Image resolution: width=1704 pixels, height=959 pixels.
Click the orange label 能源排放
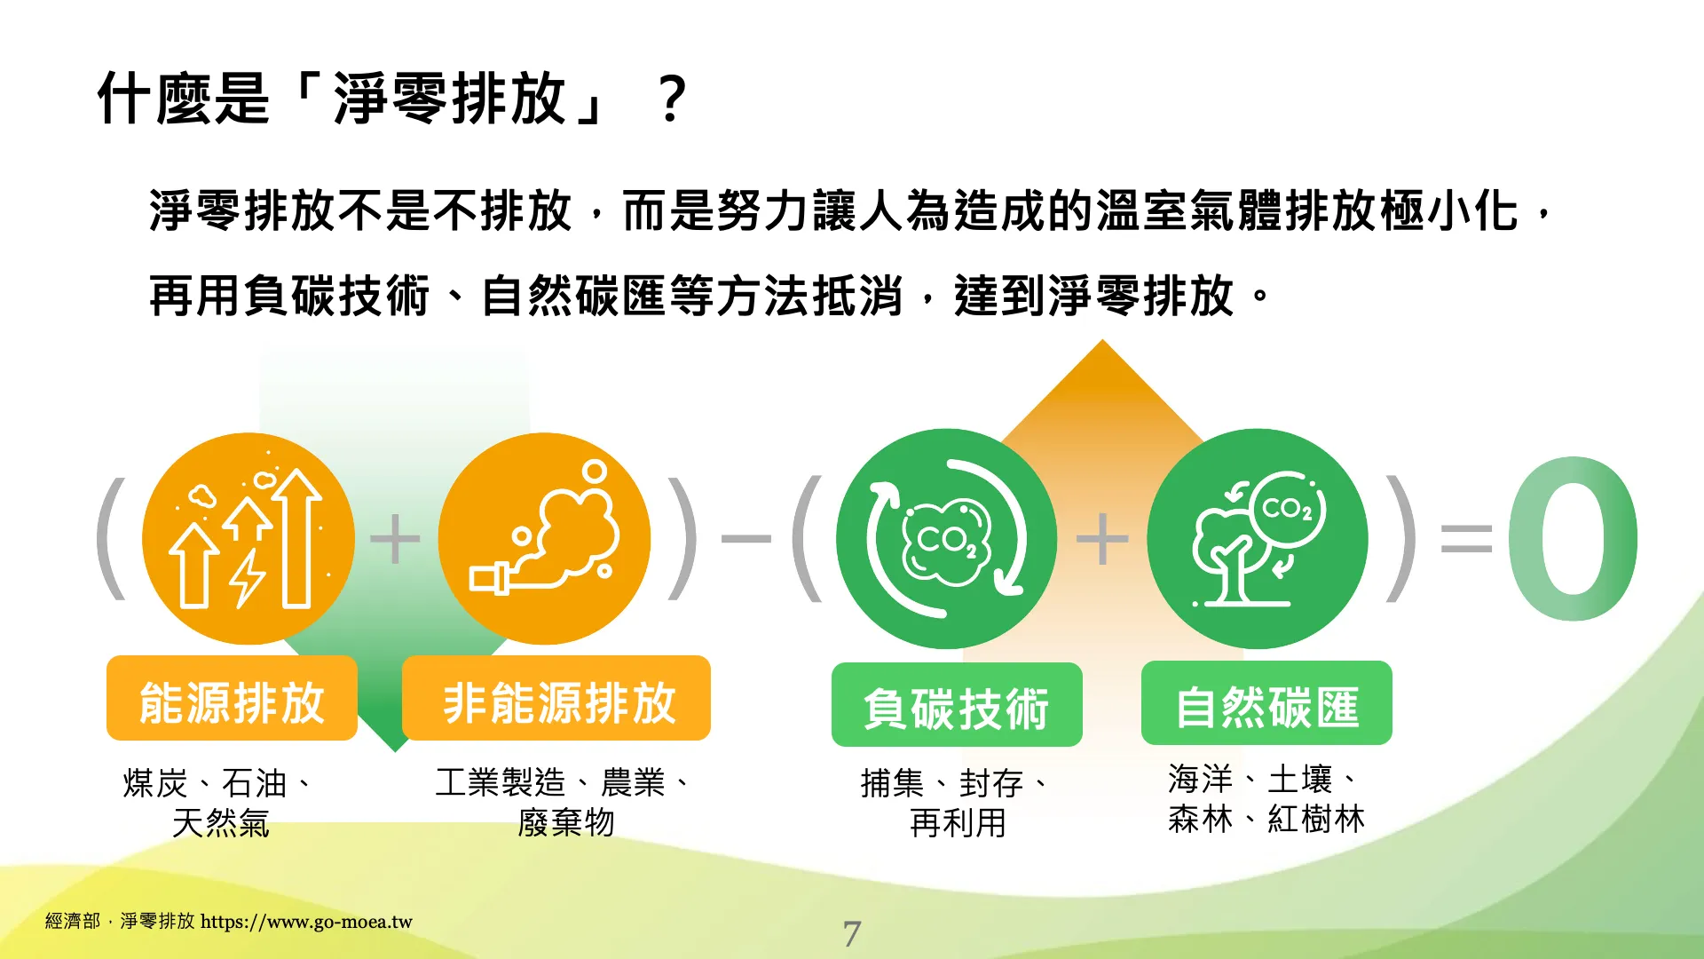pyautogui.click(x=232, y=699)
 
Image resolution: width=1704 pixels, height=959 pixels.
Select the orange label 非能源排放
pyautogui.click(x=556, y=699)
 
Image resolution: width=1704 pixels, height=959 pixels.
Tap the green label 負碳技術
pyautogui.click(x=957, y=705)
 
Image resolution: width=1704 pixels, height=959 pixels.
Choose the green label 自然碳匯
pyautogui.click(x=1266, y=703)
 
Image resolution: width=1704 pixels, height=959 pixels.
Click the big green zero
pyautogui.click(x=1573, y=538)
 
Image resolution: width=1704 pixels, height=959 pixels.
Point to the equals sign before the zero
pyautogui.click(x=1466, y=538)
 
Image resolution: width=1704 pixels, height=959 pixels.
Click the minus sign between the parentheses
pyautogui.click(x=746, y=538)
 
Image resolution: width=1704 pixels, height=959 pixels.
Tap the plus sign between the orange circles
pyautogui.click(x=395, y=538)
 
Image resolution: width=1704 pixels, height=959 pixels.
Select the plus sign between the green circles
pyautogui.click(x=1101, y=538)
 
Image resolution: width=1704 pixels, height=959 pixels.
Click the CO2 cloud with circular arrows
pyautogui.click(x=946, y=538)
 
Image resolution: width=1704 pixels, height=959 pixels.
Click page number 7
pyautogui.click(x=852, y=933)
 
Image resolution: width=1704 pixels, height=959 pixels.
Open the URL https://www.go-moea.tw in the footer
pyautogui.click(x=306, y=922)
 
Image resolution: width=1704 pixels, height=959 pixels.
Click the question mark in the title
pyautogui.click(x=673, y=99)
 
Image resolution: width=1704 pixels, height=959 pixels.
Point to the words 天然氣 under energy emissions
pyautogui.click(x=221, y=823)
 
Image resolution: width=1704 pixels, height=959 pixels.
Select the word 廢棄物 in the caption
pyautogui.click(x=566, y=822)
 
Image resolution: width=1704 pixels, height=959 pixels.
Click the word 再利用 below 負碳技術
pyautogui.click(x=958, y=823)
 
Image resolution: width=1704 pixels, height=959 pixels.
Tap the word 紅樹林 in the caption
pyautogui.click(x=1316, y=819)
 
